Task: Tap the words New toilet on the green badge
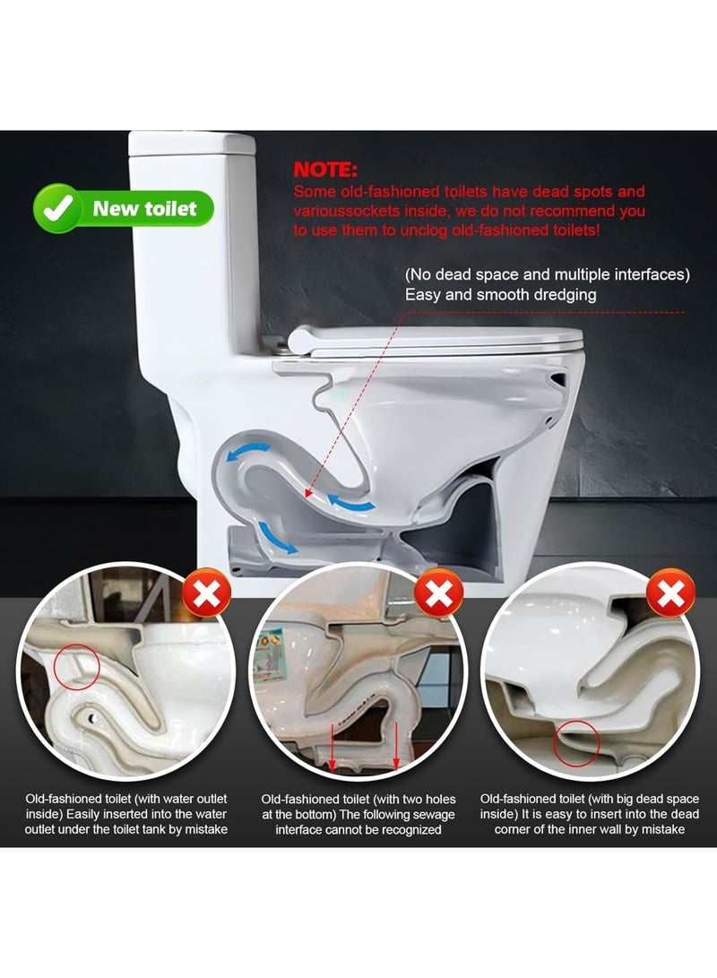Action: (144, 209)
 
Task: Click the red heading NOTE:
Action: (325, 170)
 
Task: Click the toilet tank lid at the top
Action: (191, 142)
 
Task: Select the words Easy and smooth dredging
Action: (500, 293)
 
